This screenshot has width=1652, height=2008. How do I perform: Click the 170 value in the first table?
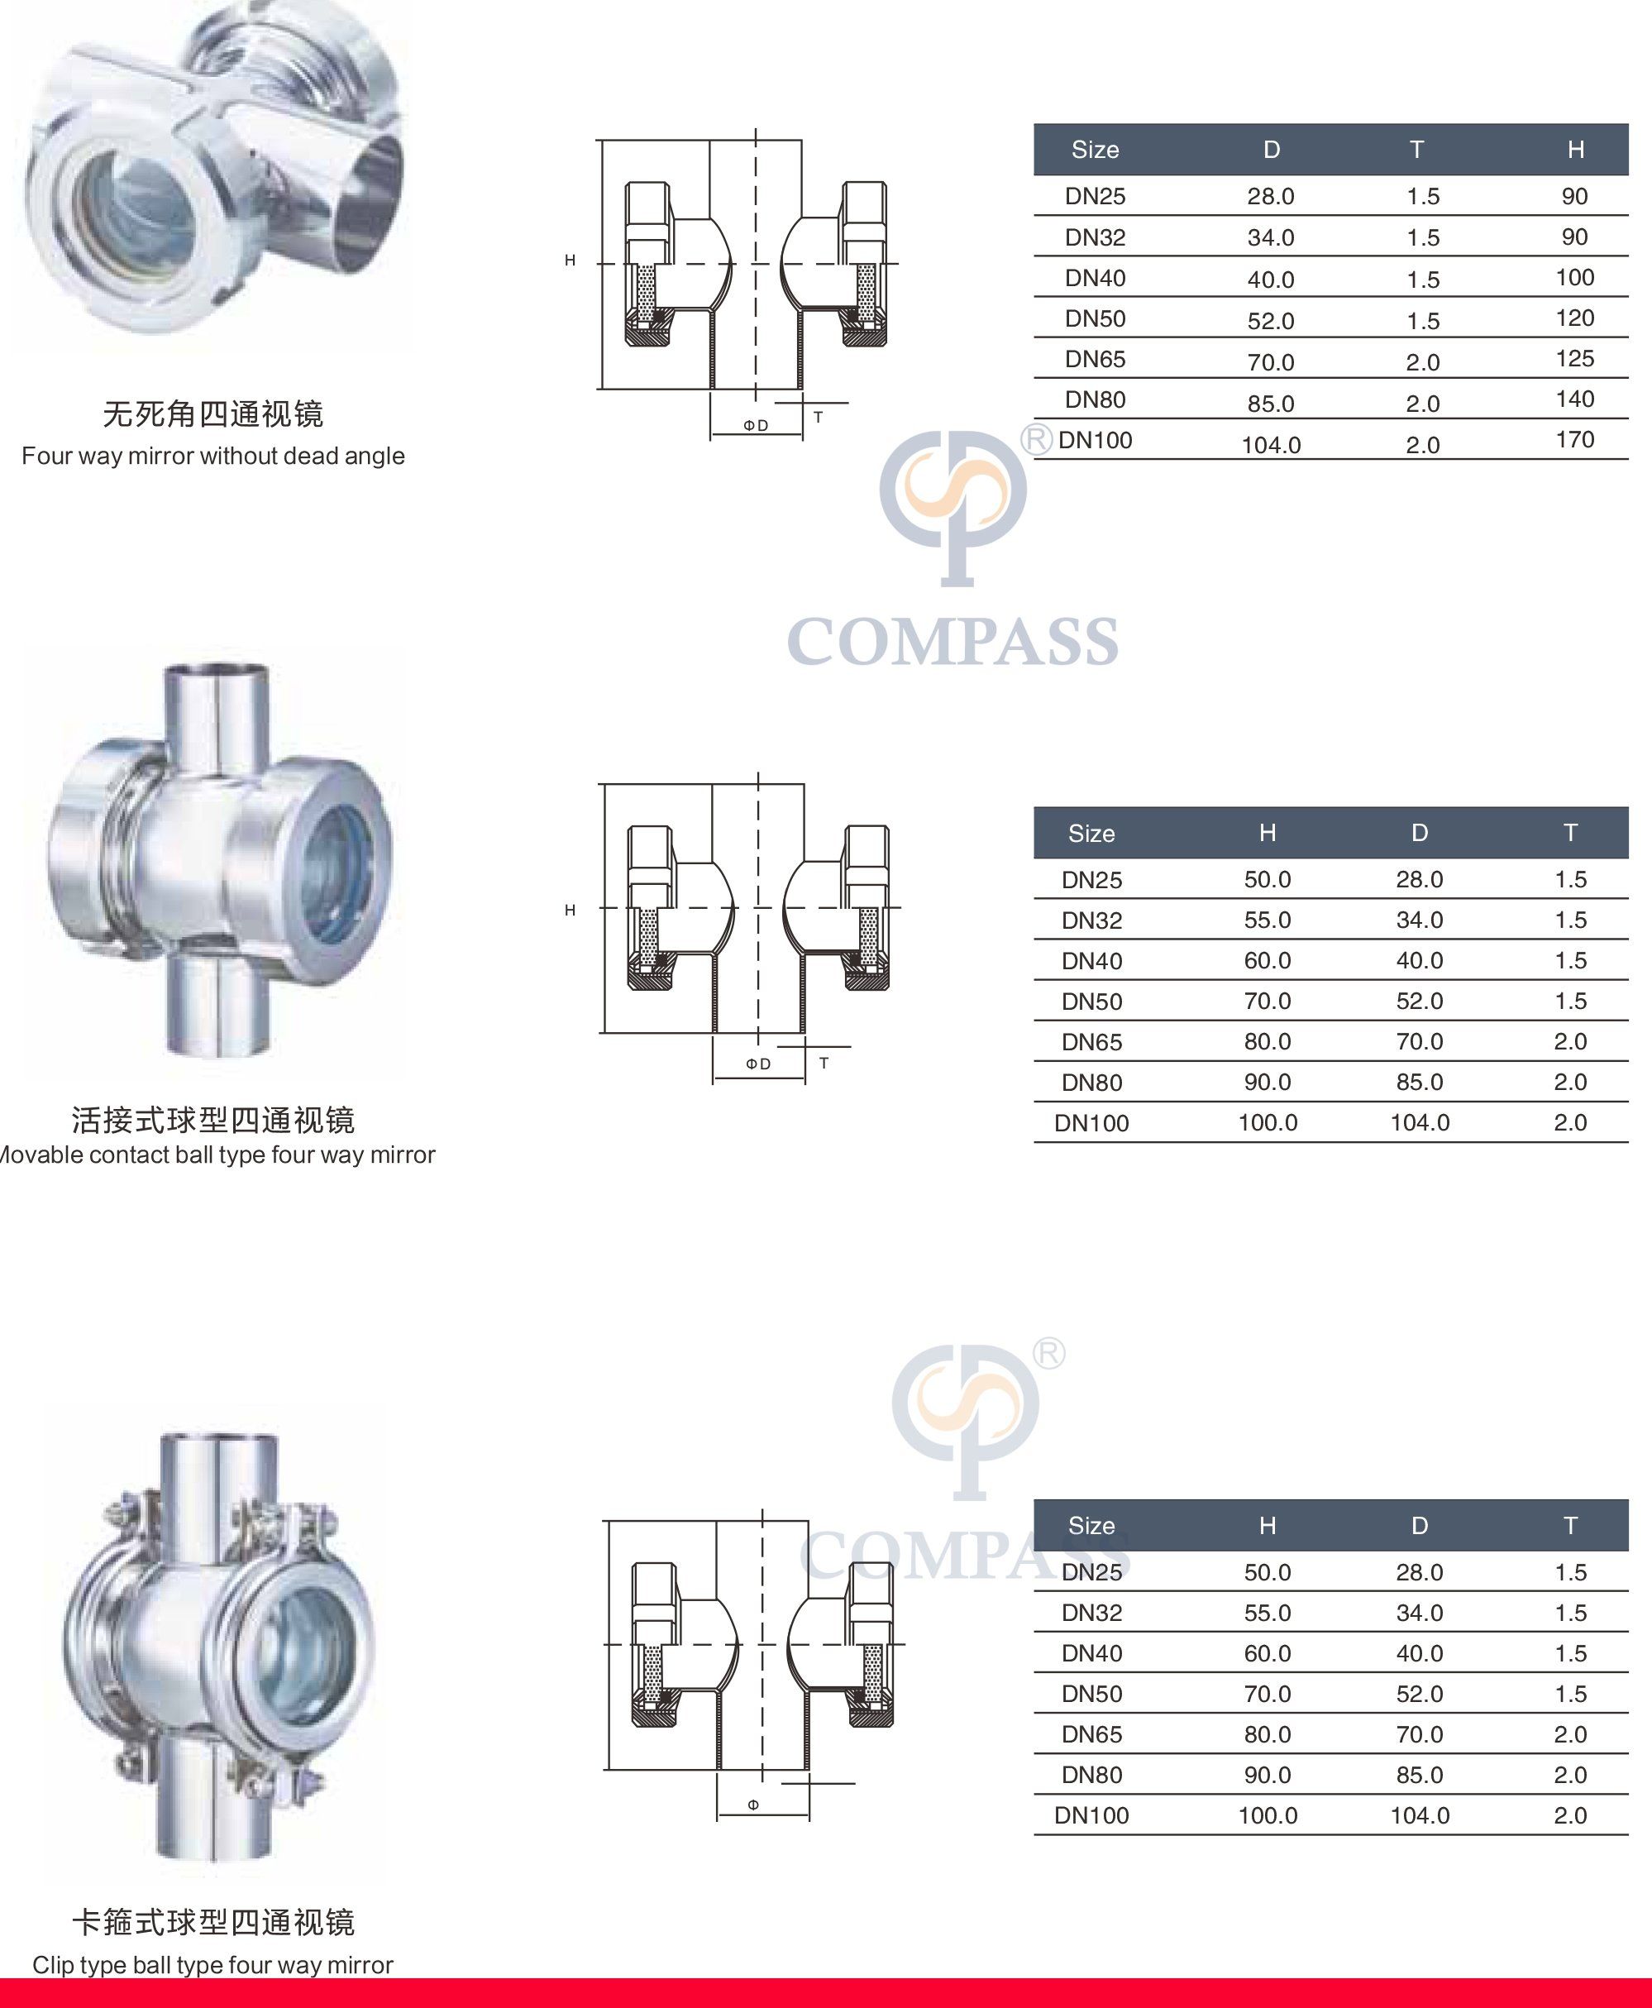1575,440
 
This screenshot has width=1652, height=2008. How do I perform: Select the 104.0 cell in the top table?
1270,444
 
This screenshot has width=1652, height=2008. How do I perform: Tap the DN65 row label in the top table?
1095,359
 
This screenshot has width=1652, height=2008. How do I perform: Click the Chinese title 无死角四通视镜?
213,414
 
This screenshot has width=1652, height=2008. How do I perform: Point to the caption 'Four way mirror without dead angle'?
213,456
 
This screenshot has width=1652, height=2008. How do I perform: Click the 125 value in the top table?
1575,359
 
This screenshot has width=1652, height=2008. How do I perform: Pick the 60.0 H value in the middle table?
1268,961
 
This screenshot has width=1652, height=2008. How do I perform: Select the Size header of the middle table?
1091,834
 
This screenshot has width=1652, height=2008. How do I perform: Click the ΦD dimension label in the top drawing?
756,425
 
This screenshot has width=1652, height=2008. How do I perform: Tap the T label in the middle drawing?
824,1063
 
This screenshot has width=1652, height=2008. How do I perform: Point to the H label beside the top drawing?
570,260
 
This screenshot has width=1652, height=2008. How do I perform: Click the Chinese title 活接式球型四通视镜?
213,1120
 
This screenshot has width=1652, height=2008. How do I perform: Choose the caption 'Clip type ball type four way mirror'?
213,1965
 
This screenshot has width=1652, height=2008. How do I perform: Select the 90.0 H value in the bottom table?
1268,1775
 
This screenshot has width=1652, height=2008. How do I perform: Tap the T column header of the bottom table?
1570,1527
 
